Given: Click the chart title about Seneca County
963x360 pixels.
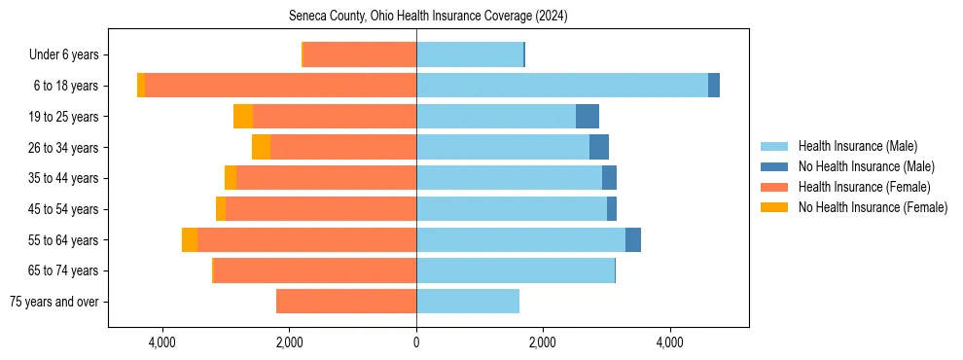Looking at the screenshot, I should coord(428,17).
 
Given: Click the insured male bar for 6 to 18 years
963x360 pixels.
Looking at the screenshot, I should coord(562,86).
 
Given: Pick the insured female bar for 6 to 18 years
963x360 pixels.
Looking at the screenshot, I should coord(280,86).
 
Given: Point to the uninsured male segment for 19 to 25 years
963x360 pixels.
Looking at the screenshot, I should coord(588,117).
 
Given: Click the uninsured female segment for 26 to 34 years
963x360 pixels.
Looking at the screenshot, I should coord(261,147).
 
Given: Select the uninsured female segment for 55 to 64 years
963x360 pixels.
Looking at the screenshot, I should coord(190,240).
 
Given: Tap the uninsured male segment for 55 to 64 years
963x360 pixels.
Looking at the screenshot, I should coord(633,240).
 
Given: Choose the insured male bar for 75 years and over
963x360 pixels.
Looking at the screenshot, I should coord(468,302).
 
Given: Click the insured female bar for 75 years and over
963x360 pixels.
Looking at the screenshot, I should coord(346,302).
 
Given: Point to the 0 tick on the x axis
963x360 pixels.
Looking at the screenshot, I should coord(416,342).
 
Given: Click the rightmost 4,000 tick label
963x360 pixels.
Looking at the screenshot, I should coord(670,342).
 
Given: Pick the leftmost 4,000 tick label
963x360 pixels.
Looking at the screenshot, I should coord(161,342).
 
